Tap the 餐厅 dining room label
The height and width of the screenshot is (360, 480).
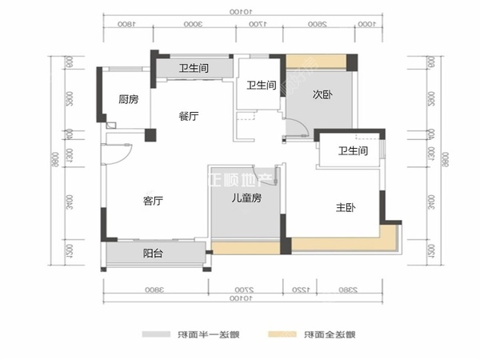coord(189,117)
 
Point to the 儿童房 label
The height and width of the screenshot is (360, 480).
coord(246,198)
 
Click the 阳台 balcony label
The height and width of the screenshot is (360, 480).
coord(153,254)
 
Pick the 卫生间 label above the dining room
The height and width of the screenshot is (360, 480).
coord(194,69)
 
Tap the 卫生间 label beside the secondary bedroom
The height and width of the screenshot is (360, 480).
coord(261,86)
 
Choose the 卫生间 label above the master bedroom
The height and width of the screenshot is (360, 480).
coord(352,151)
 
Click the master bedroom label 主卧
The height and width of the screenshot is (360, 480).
coord(346,208)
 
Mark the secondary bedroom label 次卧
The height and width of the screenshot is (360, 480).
coord(322,94)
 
